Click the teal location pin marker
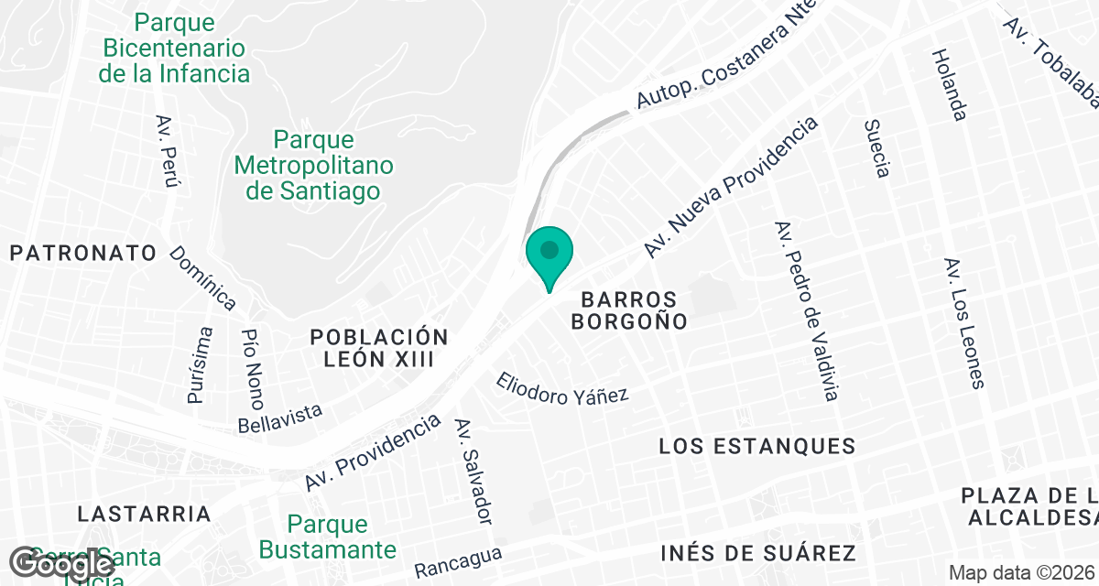tap(549, 255)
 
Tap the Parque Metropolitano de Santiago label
tap(314, 166)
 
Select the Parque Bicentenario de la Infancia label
tap(175, 48)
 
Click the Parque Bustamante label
tap(328, 537)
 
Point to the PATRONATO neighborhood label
tap(84, 254)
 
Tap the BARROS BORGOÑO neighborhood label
tap(628, 310)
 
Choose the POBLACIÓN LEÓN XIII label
tap(378, 348)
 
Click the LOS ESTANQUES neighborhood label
tap(757, 447)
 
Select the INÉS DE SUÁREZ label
tap(757, 553)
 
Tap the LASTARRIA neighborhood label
tap(144, 513)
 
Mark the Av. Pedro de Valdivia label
tap(806, 311)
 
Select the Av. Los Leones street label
tap(964, 322)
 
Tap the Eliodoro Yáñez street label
tap(562, 388)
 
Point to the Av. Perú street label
tap(167, 152)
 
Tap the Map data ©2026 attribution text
tap(1021, 572)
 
